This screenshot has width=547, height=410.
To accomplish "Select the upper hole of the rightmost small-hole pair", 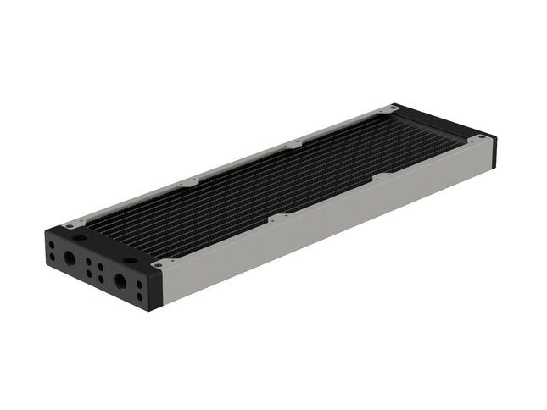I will click(x=140, y=284).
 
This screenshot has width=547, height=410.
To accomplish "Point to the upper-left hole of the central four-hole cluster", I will click(x=89, y=262).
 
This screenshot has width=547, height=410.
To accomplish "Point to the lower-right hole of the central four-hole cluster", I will click(x=101, y=280).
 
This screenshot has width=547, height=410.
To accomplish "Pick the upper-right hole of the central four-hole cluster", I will click(x=101, y=267).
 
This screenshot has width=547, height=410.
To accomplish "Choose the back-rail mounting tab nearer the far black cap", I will click(x=293, y=145).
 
